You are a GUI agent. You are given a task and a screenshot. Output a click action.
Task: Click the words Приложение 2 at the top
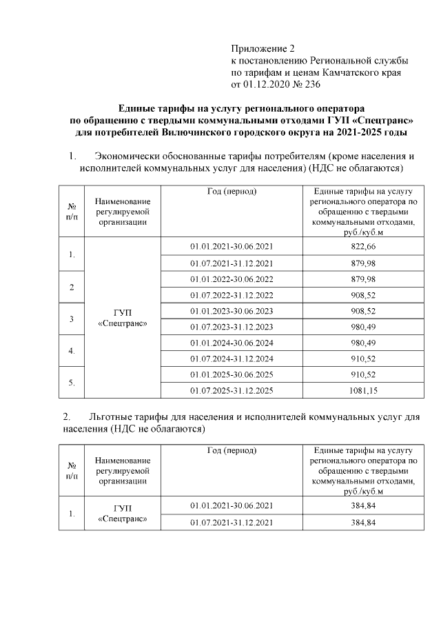262,49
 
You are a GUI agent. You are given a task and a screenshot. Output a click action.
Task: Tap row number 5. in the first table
72,381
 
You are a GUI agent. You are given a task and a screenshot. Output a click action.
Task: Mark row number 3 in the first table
72,319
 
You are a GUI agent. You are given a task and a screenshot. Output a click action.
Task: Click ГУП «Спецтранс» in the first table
122,318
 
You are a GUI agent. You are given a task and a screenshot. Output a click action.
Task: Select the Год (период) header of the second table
231,450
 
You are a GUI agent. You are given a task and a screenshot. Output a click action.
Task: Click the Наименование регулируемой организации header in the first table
122,210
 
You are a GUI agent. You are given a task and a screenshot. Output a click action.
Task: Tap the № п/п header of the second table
72,470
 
